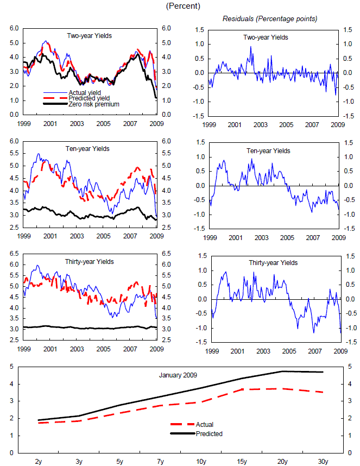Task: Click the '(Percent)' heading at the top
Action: coord(184,7)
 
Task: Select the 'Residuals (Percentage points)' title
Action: coord(270,19)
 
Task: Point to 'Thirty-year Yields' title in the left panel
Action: coord(90,262)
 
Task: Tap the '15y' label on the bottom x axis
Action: coord(242,461)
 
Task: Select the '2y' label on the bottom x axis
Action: coord(39,461)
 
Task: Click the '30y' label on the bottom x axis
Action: coord(323,461)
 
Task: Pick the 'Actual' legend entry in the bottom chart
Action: coord(206,425)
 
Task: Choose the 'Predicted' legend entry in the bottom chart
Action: coord(209,434)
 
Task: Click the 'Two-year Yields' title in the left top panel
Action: coord(90,36)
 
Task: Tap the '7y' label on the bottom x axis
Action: coord(161,461)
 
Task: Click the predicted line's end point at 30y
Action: coord(323,372)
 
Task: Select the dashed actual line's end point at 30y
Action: coord(323,392)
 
